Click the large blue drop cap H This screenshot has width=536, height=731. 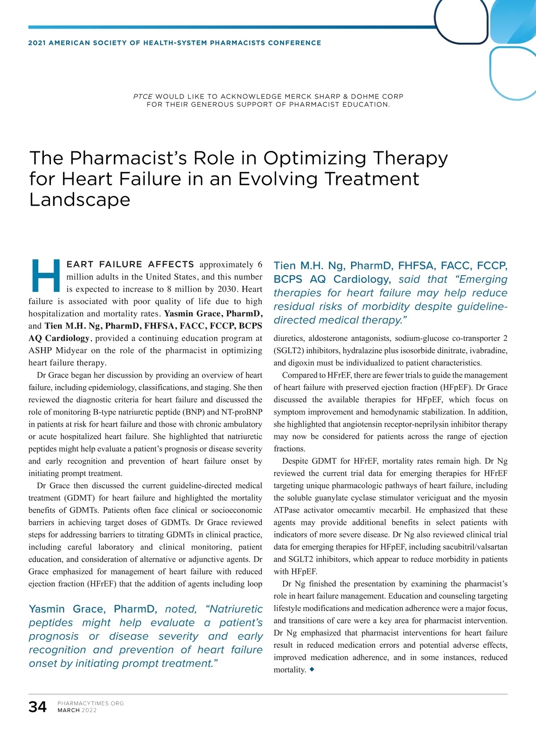[46, 275]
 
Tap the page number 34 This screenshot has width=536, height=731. [38, 707]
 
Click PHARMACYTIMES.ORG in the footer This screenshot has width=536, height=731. [91, 703]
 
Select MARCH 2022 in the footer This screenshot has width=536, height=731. [77, 710]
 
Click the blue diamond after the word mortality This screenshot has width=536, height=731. [312, 669]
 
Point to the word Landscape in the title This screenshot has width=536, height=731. [80, 199]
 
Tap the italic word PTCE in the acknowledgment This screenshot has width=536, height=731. [143, 96]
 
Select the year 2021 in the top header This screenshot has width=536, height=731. [37, 43]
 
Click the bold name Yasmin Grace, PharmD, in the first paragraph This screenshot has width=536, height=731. [214, 314]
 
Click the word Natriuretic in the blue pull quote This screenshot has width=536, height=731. [236, 609]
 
